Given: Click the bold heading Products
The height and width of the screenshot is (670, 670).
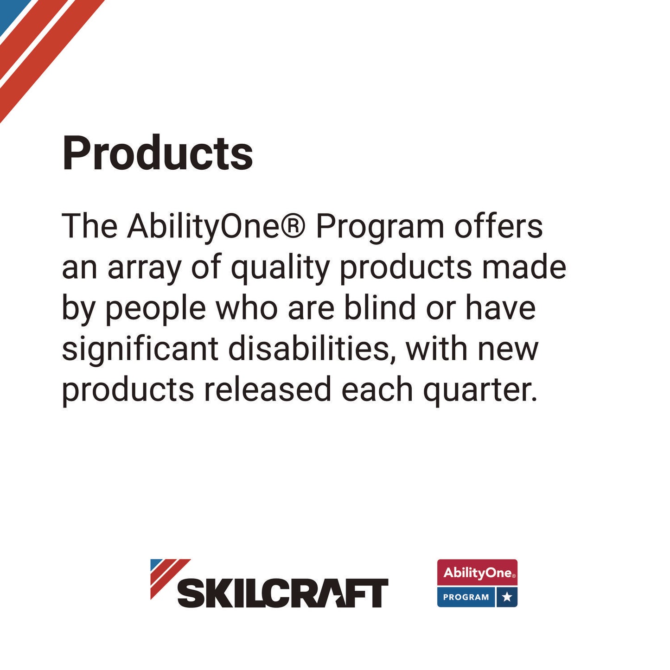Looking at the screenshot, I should click(158, 153).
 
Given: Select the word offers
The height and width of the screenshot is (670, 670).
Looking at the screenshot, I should click(498, 227).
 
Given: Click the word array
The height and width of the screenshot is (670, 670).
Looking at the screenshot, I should click(144, 268).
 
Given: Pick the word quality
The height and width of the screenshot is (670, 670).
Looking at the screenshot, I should click(280, 268).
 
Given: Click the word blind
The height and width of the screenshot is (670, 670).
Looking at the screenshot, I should click(379, 308).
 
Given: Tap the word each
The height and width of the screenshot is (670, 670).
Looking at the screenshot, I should click(377, 389).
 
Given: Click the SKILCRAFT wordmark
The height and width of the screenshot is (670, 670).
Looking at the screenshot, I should click(283, 593).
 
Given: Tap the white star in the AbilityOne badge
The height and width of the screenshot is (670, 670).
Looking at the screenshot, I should click(507, 597).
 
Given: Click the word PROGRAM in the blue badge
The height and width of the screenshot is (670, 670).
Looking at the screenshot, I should click(466, 597).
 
